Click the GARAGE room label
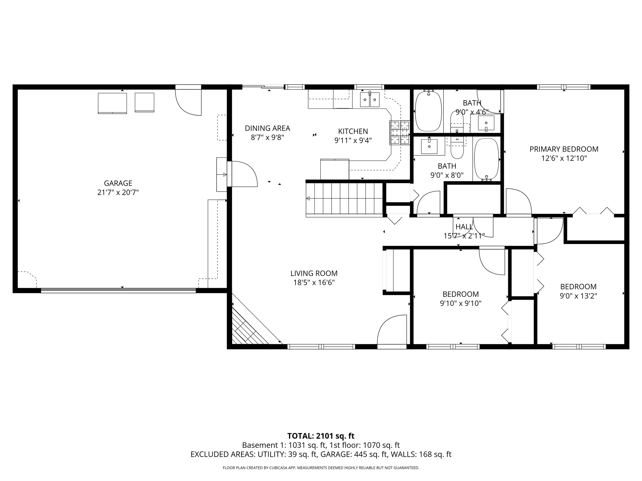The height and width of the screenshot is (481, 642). point(118,183)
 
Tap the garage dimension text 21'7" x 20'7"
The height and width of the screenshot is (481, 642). point(118,192)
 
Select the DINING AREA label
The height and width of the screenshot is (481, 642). point(267,128)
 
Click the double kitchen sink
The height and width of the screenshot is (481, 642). point(370,100)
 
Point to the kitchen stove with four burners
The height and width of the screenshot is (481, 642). point(400,133)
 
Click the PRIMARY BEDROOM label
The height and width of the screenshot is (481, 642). point(564,149)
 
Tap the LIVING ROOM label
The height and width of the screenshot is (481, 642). point(314,273)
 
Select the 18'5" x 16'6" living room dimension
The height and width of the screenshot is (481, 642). point(314,283)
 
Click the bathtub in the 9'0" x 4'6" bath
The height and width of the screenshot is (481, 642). point(429,111)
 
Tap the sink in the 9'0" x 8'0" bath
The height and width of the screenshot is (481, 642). point(429,147)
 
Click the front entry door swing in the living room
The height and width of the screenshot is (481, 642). point(392,330)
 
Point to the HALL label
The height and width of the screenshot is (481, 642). point(464,227)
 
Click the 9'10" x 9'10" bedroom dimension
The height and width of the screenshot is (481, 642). point(460,303)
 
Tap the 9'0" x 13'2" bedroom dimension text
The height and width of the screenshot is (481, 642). point(578,296)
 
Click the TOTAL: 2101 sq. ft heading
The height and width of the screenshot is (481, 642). point(321,436)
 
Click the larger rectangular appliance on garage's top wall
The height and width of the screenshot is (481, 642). point(112,103)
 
